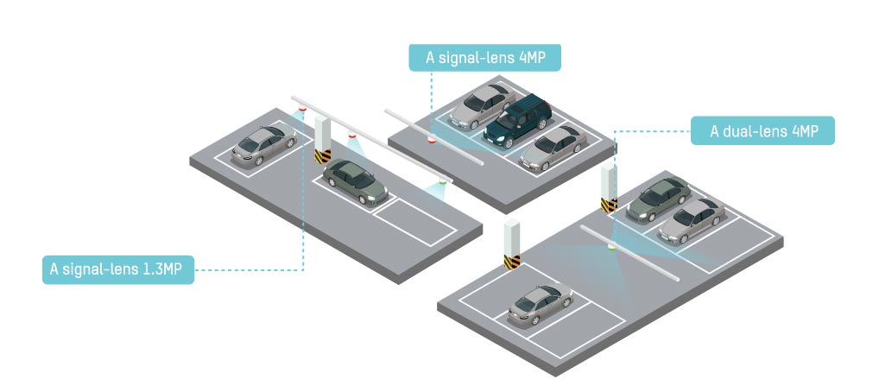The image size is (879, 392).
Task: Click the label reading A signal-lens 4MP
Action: pos(485,58)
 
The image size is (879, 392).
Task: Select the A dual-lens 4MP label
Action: pos(762,131)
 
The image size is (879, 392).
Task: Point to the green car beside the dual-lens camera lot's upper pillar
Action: pos(658,199)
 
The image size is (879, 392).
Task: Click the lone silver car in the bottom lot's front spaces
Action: pos(541,303)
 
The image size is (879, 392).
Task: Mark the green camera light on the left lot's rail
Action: pos(443,182)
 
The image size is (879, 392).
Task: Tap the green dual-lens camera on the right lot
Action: pos(611,249)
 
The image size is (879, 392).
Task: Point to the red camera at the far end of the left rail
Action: pos(301,110)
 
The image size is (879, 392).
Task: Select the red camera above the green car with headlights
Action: pos(351,136)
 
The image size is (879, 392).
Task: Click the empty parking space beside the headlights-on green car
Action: pos(412,218)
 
